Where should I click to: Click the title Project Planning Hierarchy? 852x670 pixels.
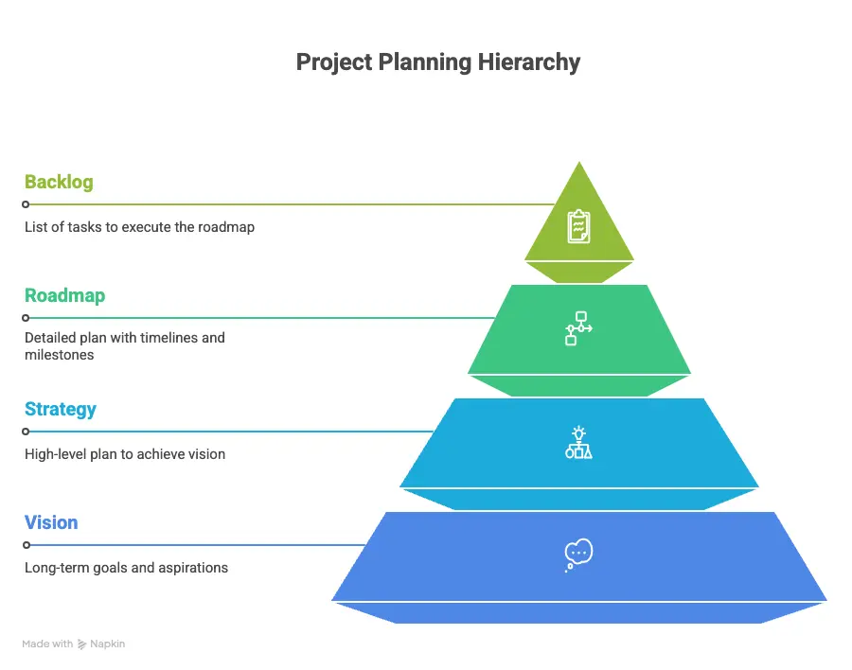tap(437, 62)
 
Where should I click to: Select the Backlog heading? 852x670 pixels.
tap(59, 182)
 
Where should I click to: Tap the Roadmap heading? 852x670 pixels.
tap(64, 295)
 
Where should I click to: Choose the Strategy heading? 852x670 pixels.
tap(61, 409)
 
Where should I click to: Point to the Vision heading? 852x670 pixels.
tap(51, 522)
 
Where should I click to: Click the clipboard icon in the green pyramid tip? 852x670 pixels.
tap(578, 226)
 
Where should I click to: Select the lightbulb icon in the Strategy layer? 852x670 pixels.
tap(578, 442)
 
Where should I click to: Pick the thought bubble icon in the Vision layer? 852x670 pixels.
tap(577, 555)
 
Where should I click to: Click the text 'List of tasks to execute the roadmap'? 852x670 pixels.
tap(139, 227)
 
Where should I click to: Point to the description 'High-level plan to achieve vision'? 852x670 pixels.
tap(125, 454)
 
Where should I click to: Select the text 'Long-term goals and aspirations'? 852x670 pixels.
tap(126, 568)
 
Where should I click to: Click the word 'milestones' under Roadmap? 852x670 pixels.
tap(60, 355)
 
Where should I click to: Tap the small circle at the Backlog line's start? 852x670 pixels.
tap(27, 204)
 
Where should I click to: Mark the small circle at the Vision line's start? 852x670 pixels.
tap(27, 545)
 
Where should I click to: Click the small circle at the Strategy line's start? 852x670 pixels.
tap(27, 432)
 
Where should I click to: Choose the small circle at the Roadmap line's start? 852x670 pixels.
tap(27, 318)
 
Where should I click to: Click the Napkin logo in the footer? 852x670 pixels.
tap(83, 644)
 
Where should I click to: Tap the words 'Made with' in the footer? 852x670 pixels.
tap(47, 644)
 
